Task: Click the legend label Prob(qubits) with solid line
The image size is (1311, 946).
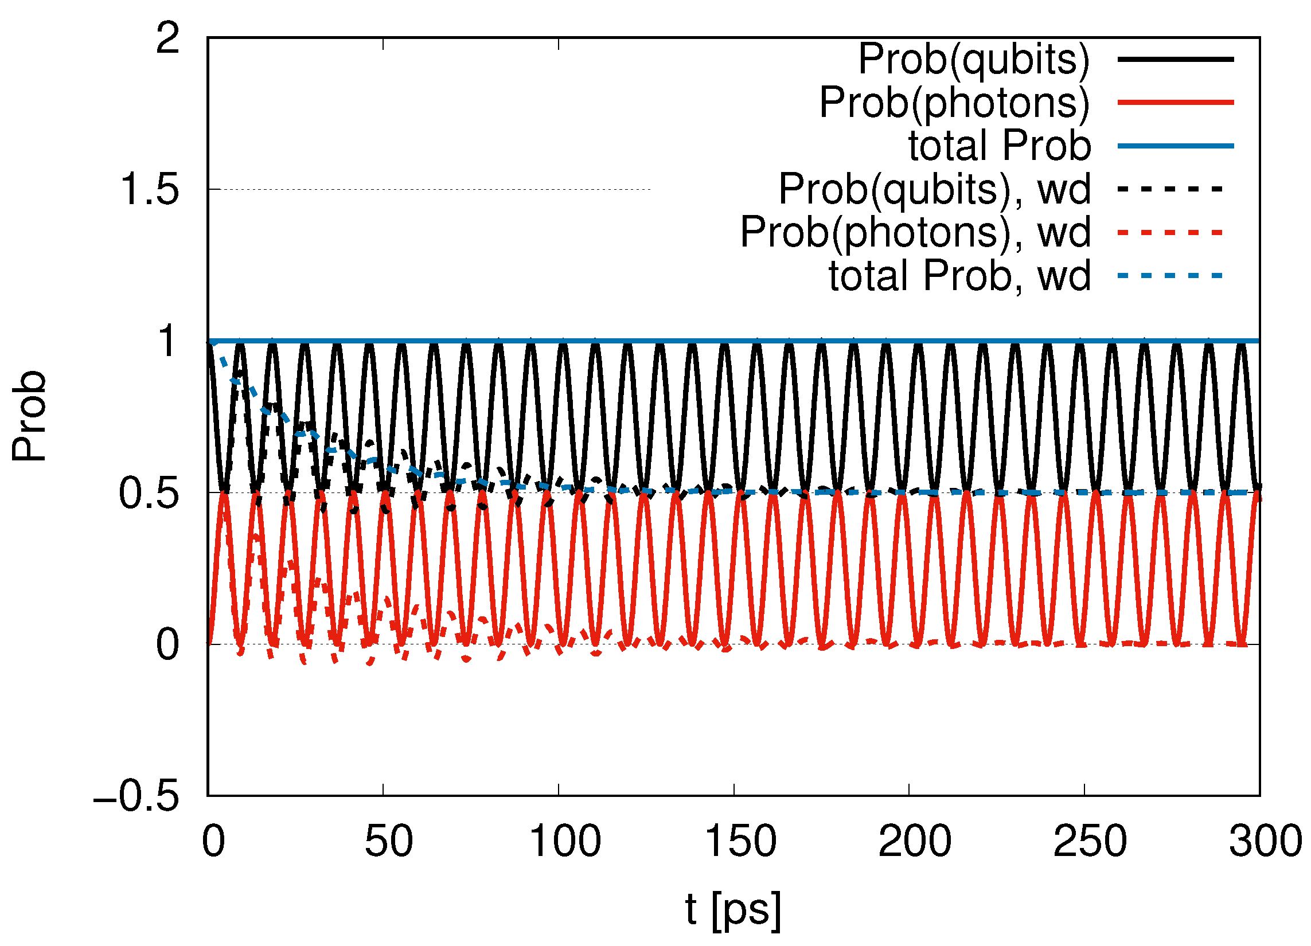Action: click(974, 60)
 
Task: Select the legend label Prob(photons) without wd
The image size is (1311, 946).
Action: click(954, 103)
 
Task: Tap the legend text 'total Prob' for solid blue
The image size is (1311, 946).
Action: click(1000, 146)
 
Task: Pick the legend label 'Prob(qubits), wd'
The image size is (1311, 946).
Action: click(935, 189)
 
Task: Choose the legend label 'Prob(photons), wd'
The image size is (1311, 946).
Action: click(916, 232)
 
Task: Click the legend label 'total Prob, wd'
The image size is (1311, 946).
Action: click(959, 276)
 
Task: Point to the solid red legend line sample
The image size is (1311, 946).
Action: click(1176, 103)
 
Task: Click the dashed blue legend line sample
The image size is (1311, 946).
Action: click(1170, 276)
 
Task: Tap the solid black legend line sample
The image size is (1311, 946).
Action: click(1176, 60)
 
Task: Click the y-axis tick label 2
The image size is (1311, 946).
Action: click(167, 39)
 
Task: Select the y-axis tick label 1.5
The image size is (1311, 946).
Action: click(149, 190)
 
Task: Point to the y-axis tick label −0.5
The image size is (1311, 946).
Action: click(136, 797)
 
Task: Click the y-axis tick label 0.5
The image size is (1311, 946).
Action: click(149, 494)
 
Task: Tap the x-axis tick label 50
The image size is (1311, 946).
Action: click(388, 842)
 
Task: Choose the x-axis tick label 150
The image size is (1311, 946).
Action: click(740, 842)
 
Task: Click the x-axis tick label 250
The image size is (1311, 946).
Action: click(1090, 842)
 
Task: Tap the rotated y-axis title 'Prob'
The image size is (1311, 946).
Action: click(29, 416)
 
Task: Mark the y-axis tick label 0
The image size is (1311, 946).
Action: click(167, 645)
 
